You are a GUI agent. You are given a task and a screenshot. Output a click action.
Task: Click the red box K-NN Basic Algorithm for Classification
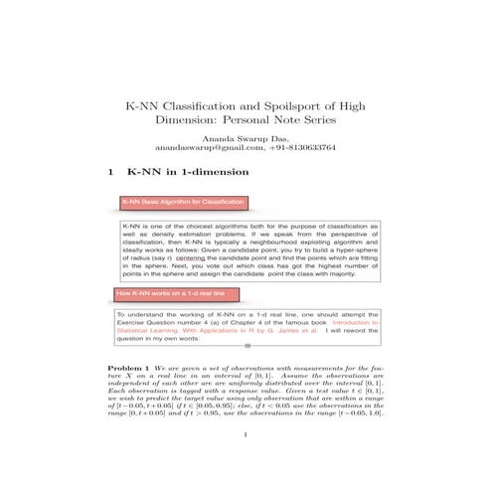click(183, 202)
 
